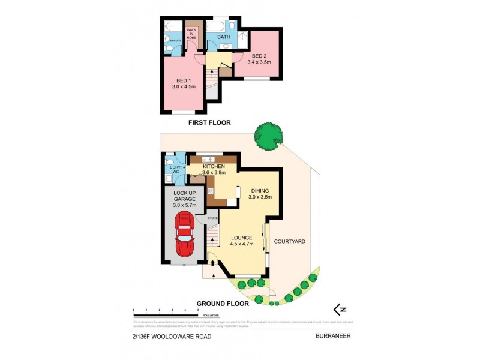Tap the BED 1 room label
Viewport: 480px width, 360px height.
[184, 85]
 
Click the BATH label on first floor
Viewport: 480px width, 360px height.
[223, 37]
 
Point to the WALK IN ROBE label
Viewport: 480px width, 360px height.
[191, 34]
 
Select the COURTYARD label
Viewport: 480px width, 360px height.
[289, 242]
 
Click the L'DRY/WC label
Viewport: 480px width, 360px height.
[176, 170]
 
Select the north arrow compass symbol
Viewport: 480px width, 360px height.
[340, 309]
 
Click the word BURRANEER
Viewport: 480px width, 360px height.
[332, 337]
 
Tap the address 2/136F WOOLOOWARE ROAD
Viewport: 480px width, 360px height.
[172, 337]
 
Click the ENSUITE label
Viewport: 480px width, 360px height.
[175, 41]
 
